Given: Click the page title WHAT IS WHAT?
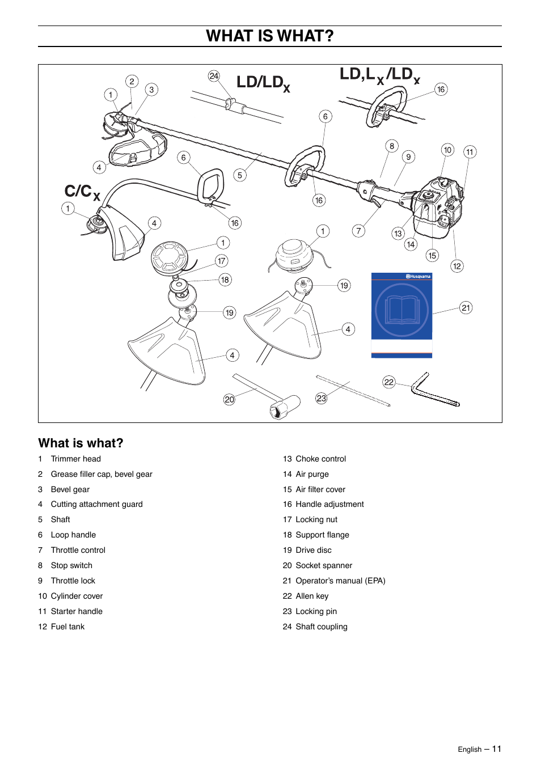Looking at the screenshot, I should (270, 36).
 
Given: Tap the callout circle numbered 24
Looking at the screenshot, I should (214, 76).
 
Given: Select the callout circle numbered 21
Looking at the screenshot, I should (466, 308).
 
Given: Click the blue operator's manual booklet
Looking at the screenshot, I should (401, 315).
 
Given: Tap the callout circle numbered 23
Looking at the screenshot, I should (322, 399).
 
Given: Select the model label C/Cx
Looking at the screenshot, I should (82, 192).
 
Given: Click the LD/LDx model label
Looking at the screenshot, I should (263, 83).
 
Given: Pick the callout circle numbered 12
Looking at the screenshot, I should (457, 266).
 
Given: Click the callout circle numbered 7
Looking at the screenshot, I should (358, 230).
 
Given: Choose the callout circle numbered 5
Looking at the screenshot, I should (240, 175).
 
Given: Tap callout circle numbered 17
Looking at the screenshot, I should (221, 261).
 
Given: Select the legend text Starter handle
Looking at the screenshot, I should (77, 611).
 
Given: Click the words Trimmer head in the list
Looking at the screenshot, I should (75, 459).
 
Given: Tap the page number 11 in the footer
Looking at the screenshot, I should (496, 749).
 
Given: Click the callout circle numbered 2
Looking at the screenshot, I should (132, 81).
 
